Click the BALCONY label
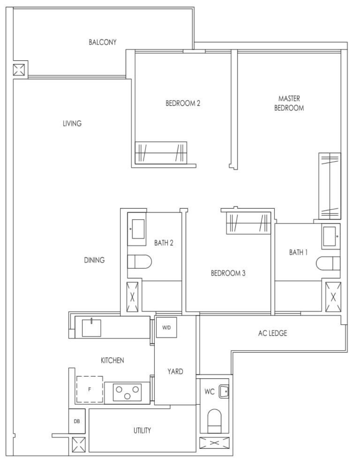point(102,42)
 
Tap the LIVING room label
point(72,123)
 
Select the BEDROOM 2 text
point(183,103)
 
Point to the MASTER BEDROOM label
point(289,103)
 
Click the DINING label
point(94,260)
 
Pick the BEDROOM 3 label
point(228,273)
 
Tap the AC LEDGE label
point(272,333)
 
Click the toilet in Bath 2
point(139,262)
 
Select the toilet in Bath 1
point(328,263)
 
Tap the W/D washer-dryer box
point(166,328)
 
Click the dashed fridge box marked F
point(90,389)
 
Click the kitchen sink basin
point(91,328)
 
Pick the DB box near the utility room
point(77,421)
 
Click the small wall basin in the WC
point(224,391)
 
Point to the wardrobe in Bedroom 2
point(161,153)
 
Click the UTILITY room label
point(142,430)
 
